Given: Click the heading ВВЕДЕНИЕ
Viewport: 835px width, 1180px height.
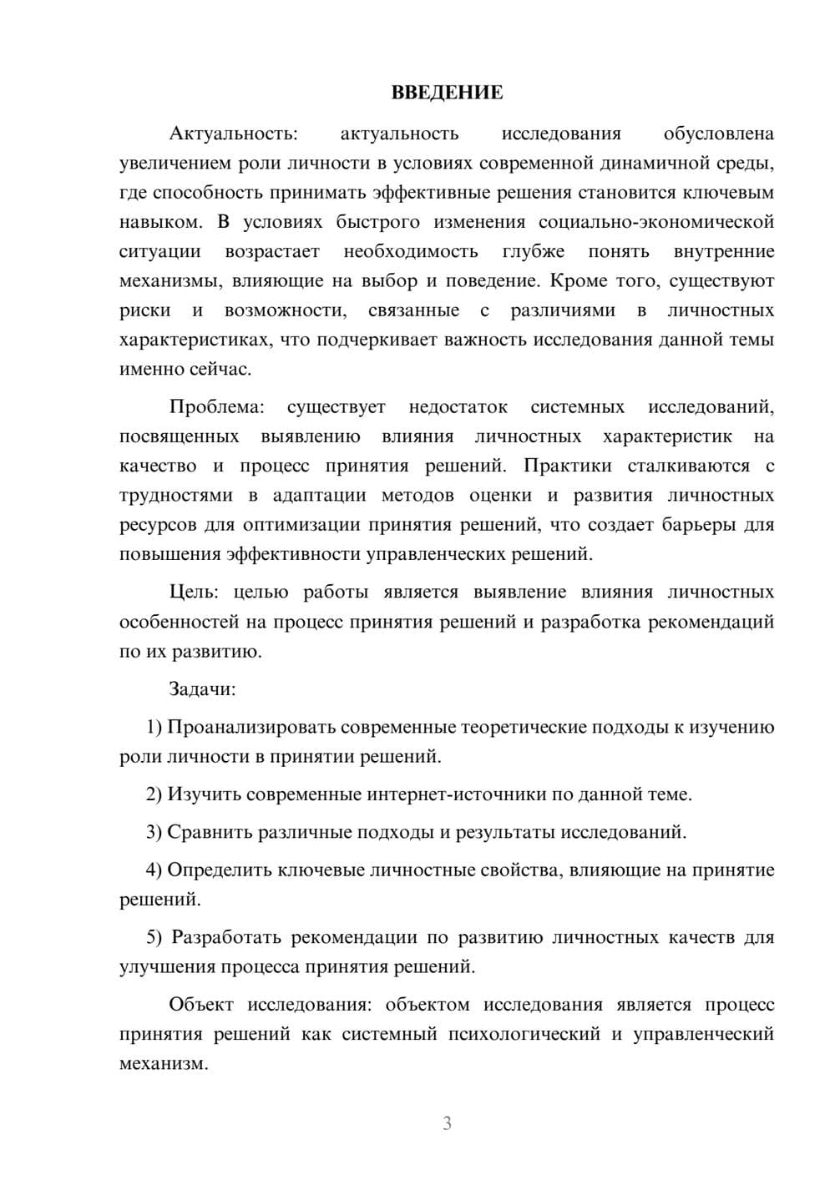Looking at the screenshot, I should tap(447, 93).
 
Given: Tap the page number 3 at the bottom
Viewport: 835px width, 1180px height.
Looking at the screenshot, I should tap(447, 1123).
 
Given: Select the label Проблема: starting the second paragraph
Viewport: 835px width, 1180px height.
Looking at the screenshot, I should tap(216, 407).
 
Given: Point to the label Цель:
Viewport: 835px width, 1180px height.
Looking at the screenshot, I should tap(194, 593).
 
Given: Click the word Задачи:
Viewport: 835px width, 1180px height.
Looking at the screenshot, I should tap(202, 689).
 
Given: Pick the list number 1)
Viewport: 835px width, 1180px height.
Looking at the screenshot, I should tap(154, 728).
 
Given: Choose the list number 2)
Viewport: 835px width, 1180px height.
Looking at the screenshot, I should tap(154, 794).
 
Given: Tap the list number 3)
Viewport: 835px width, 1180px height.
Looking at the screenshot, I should tap(154, 833).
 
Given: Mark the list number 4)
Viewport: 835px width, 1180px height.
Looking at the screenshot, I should tap(154, 871).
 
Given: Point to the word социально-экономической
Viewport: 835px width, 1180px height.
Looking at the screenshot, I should tap(656, 223).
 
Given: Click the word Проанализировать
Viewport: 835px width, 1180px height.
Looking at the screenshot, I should tap(250, 728).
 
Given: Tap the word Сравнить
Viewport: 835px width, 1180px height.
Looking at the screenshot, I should tap(209, 833).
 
